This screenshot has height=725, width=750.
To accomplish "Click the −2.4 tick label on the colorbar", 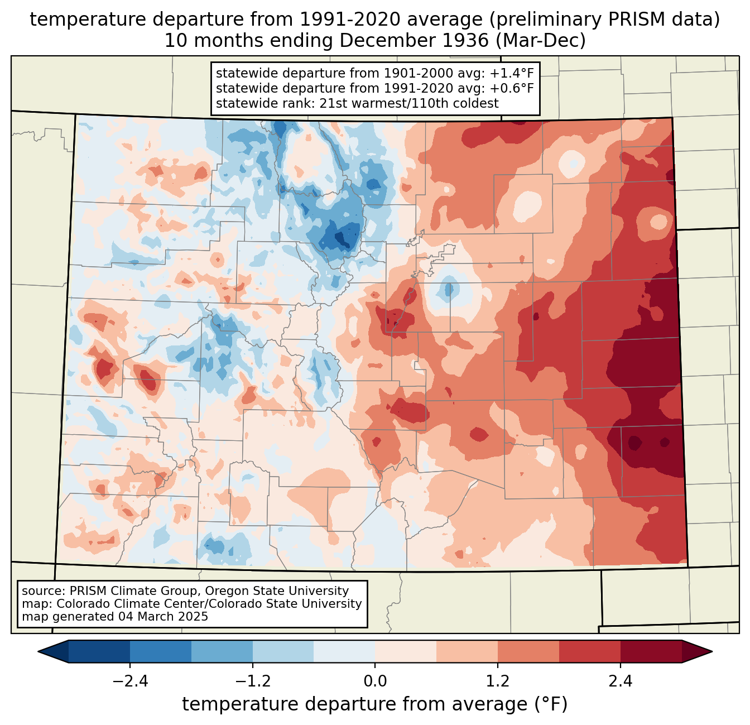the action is (130, 681).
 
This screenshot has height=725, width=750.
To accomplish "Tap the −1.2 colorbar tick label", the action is (253, 681).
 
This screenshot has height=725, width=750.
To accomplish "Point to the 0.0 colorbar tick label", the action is (375, 681).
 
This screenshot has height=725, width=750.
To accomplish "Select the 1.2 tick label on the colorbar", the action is (498, 681).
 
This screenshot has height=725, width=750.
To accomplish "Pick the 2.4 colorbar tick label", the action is (620, 681).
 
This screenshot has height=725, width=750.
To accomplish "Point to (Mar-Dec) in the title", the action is (540, 41).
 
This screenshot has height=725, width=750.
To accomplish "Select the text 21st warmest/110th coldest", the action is (409, 103).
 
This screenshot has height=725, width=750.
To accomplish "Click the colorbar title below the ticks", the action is (375, 704).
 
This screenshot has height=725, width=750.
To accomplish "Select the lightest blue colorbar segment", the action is (344, 652).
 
